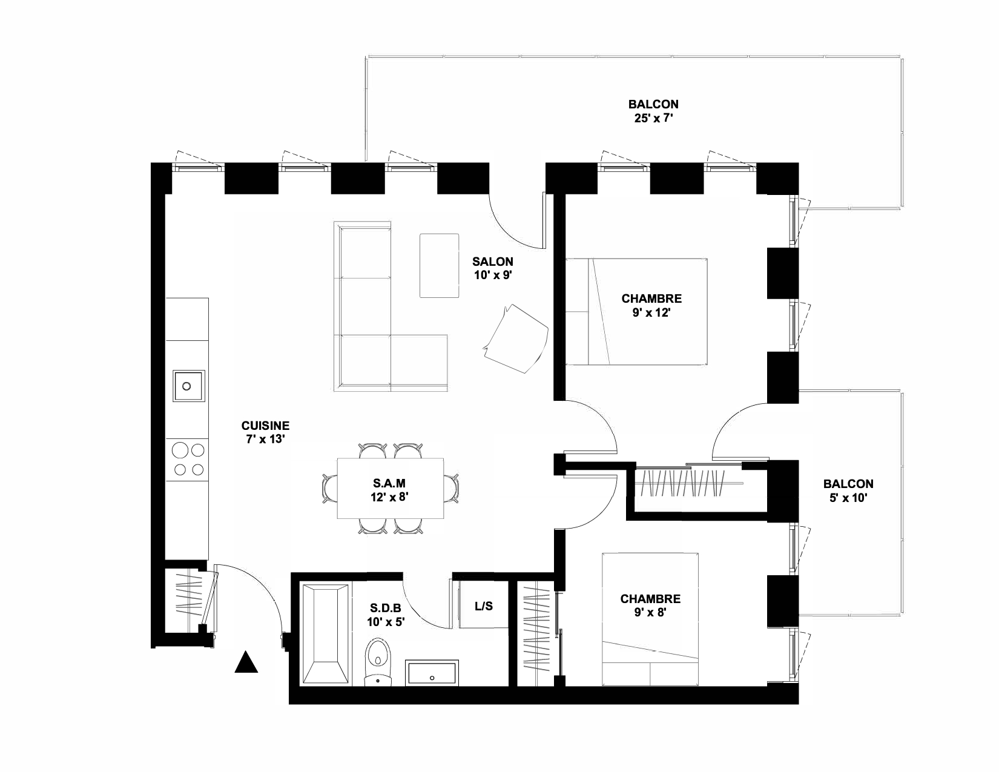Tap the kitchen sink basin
[x=189, y=386]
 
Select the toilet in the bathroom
[x=378, y=661]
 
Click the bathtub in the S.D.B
[x=326, y=633]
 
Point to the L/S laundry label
[x=484, y=606]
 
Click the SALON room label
[x=492, y=262]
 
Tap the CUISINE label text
[x=265, y=425]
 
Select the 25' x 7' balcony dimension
[x=653, y=119]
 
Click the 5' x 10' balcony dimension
[x=848, y=498]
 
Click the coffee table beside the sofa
[x=439, y=265]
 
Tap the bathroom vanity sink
[x=432, y=673]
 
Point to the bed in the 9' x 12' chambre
[x=636, y=312]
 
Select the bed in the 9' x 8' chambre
[x=650, y=619]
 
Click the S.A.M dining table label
[x=389, y=483]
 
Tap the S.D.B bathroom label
[x=385, y=609]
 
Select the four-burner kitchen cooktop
[x=188, y=460]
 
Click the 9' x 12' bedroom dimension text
[x=651, y=312]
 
